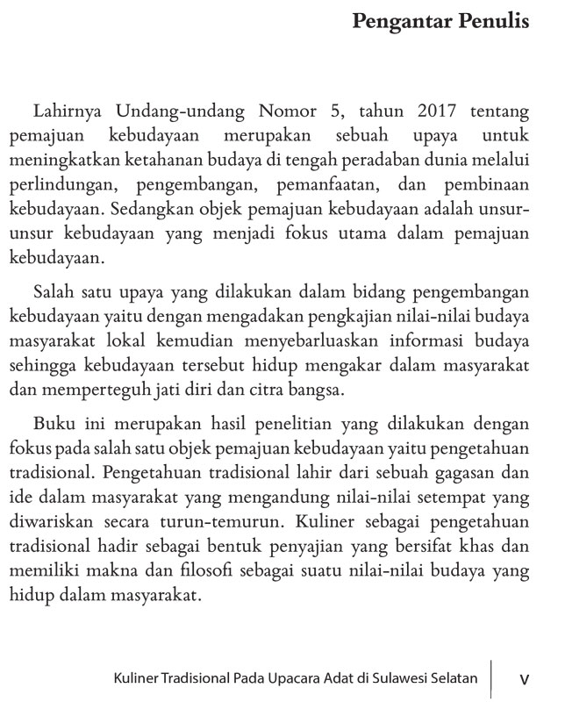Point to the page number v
pos(525,679)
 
